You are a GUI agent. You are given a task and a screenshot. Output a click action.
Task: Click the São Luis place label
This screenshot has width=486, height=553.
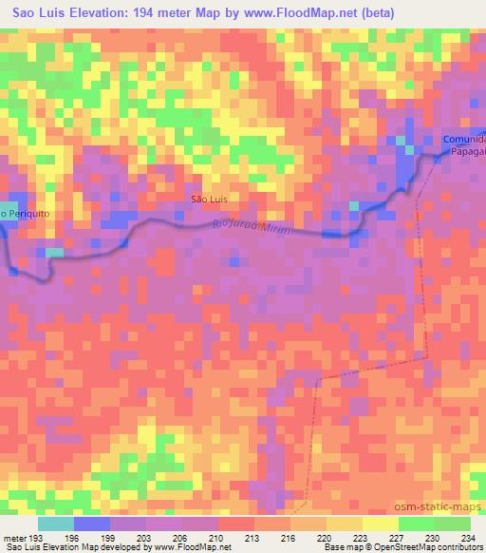coord(209,200)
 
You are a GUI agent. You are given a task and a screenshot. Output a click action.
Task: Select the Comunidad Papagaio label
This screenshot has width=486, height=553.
coord(462,143)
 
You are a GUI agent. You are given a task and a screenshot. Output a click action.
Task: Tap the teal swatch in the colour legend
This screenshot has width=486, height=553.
coord(56,523)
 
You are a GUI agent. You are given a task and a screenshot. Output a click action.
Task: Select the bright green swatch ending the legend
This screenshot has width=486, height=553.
coord(453,523)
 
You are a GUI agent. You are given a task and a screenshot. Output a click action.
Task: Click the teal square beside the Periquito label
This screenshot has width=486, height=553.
coord(8,213)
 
